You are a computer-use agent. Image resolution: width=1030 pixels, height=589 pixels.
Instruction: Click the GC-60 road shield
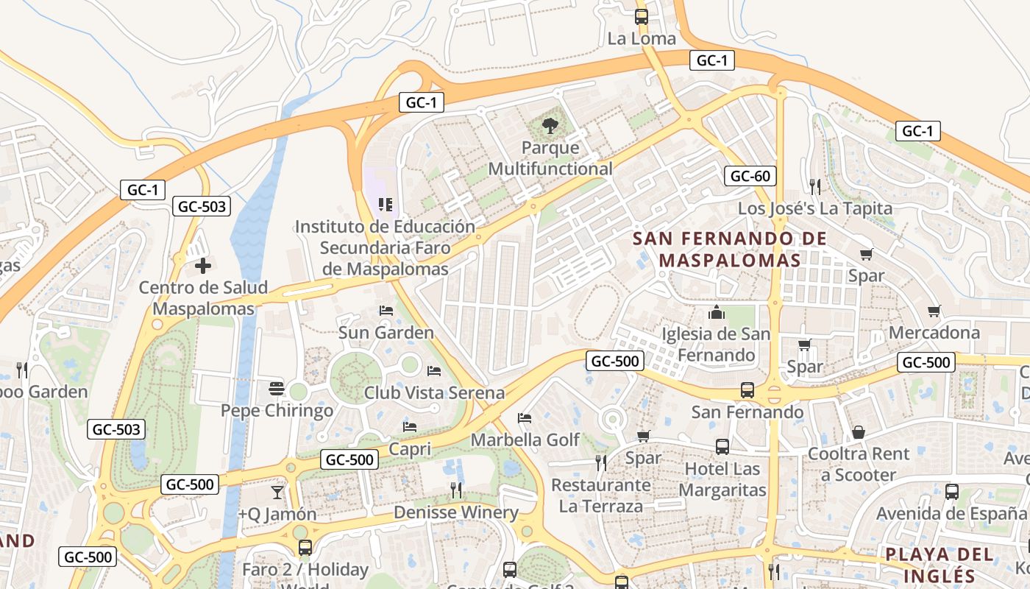click(750, 176)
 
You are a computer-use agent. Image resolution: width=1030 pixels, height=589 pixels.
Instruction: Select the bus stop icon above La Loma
click(642, 16)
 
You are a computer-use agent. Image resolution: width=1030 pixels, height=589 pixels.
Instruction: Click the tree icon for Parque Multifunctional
click(550, 126)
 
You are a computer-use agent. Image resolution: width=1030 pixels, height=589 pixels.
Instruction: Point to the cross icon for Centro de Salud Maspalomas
click(203, 266)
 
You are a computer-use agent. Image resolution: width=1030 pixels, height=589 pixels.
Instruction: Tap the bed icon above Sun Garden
click(386, 311)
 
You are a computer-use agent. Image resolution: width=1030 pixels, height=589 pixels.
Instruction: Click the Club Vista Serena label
click(434, 392)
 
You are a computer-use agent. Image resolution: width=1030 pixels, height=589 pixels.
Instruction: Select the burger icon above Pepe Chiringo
click(277, 388)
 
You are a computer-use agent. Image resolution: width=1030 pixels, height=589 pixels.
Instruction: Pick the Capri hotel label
click(409, 448)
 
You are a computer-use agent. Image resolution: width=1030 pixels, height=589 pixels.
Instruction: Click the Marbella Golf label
click(525, 440)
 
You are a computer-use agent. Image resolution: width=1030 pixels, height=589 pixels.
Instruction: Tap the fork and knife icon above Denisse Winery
click(456, 490)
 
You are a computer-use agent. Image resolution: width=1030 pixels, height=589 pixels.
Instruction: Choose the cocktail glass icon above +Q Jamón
click(277, 492)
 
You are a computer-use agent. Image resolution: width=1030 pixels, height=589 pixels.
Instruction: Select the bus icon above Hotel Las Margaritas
click(722, 446)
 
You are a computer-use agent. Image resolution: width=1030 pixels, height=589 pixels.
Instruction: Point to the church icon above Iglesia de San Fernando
click(717, 312)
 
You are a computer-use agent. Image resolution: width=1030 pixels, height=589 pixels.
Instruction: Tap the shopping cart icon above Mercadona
click(934, 311)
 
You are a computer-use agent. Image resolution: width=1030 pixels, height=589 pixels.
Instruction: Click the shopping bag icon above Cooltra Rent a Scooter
click(858, 432)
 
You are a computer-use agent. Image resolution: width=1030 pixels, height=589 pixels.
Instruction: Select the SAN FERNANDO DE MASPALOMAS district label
click(730, 249)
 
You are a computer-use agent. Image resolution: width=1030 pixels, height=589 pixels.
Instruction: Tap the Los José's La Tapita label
click(815, 208)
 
